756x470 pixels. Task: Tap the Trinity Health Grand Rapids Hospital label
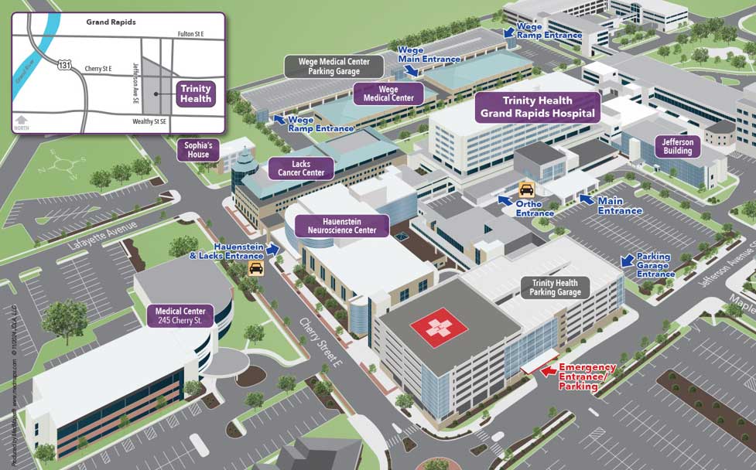click(x=538, y=107)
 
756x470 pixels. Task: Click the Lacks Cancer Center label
click(x=301, y=169)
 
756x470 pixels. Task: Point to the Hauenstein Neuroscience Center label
click(x=341, y=225)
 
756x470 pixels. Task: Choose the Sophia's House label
click(x=199, y=149)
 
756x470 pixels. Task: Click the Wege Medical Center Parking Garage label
click(x=334, y=66)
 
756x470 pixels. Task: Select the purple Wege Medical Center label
click(x=388, y=94)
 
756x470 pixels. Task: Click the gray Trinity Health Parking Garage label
click(x=556, y=288)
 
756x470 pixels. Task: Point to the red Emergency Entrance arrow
click(x=548, y=371)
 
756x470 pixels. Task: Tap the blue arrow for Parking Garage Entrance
click(x=627, y=261)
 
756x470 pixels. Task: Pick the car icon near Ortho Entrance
click(x=526, y=189)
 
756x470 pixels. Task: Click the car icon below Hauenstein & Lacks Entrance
click(x=255, y=267)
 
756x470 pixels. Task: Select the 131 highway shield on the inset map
click(x=63, y=66)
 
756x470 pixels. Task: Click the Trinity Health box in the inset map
click(x=195, y=94)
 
